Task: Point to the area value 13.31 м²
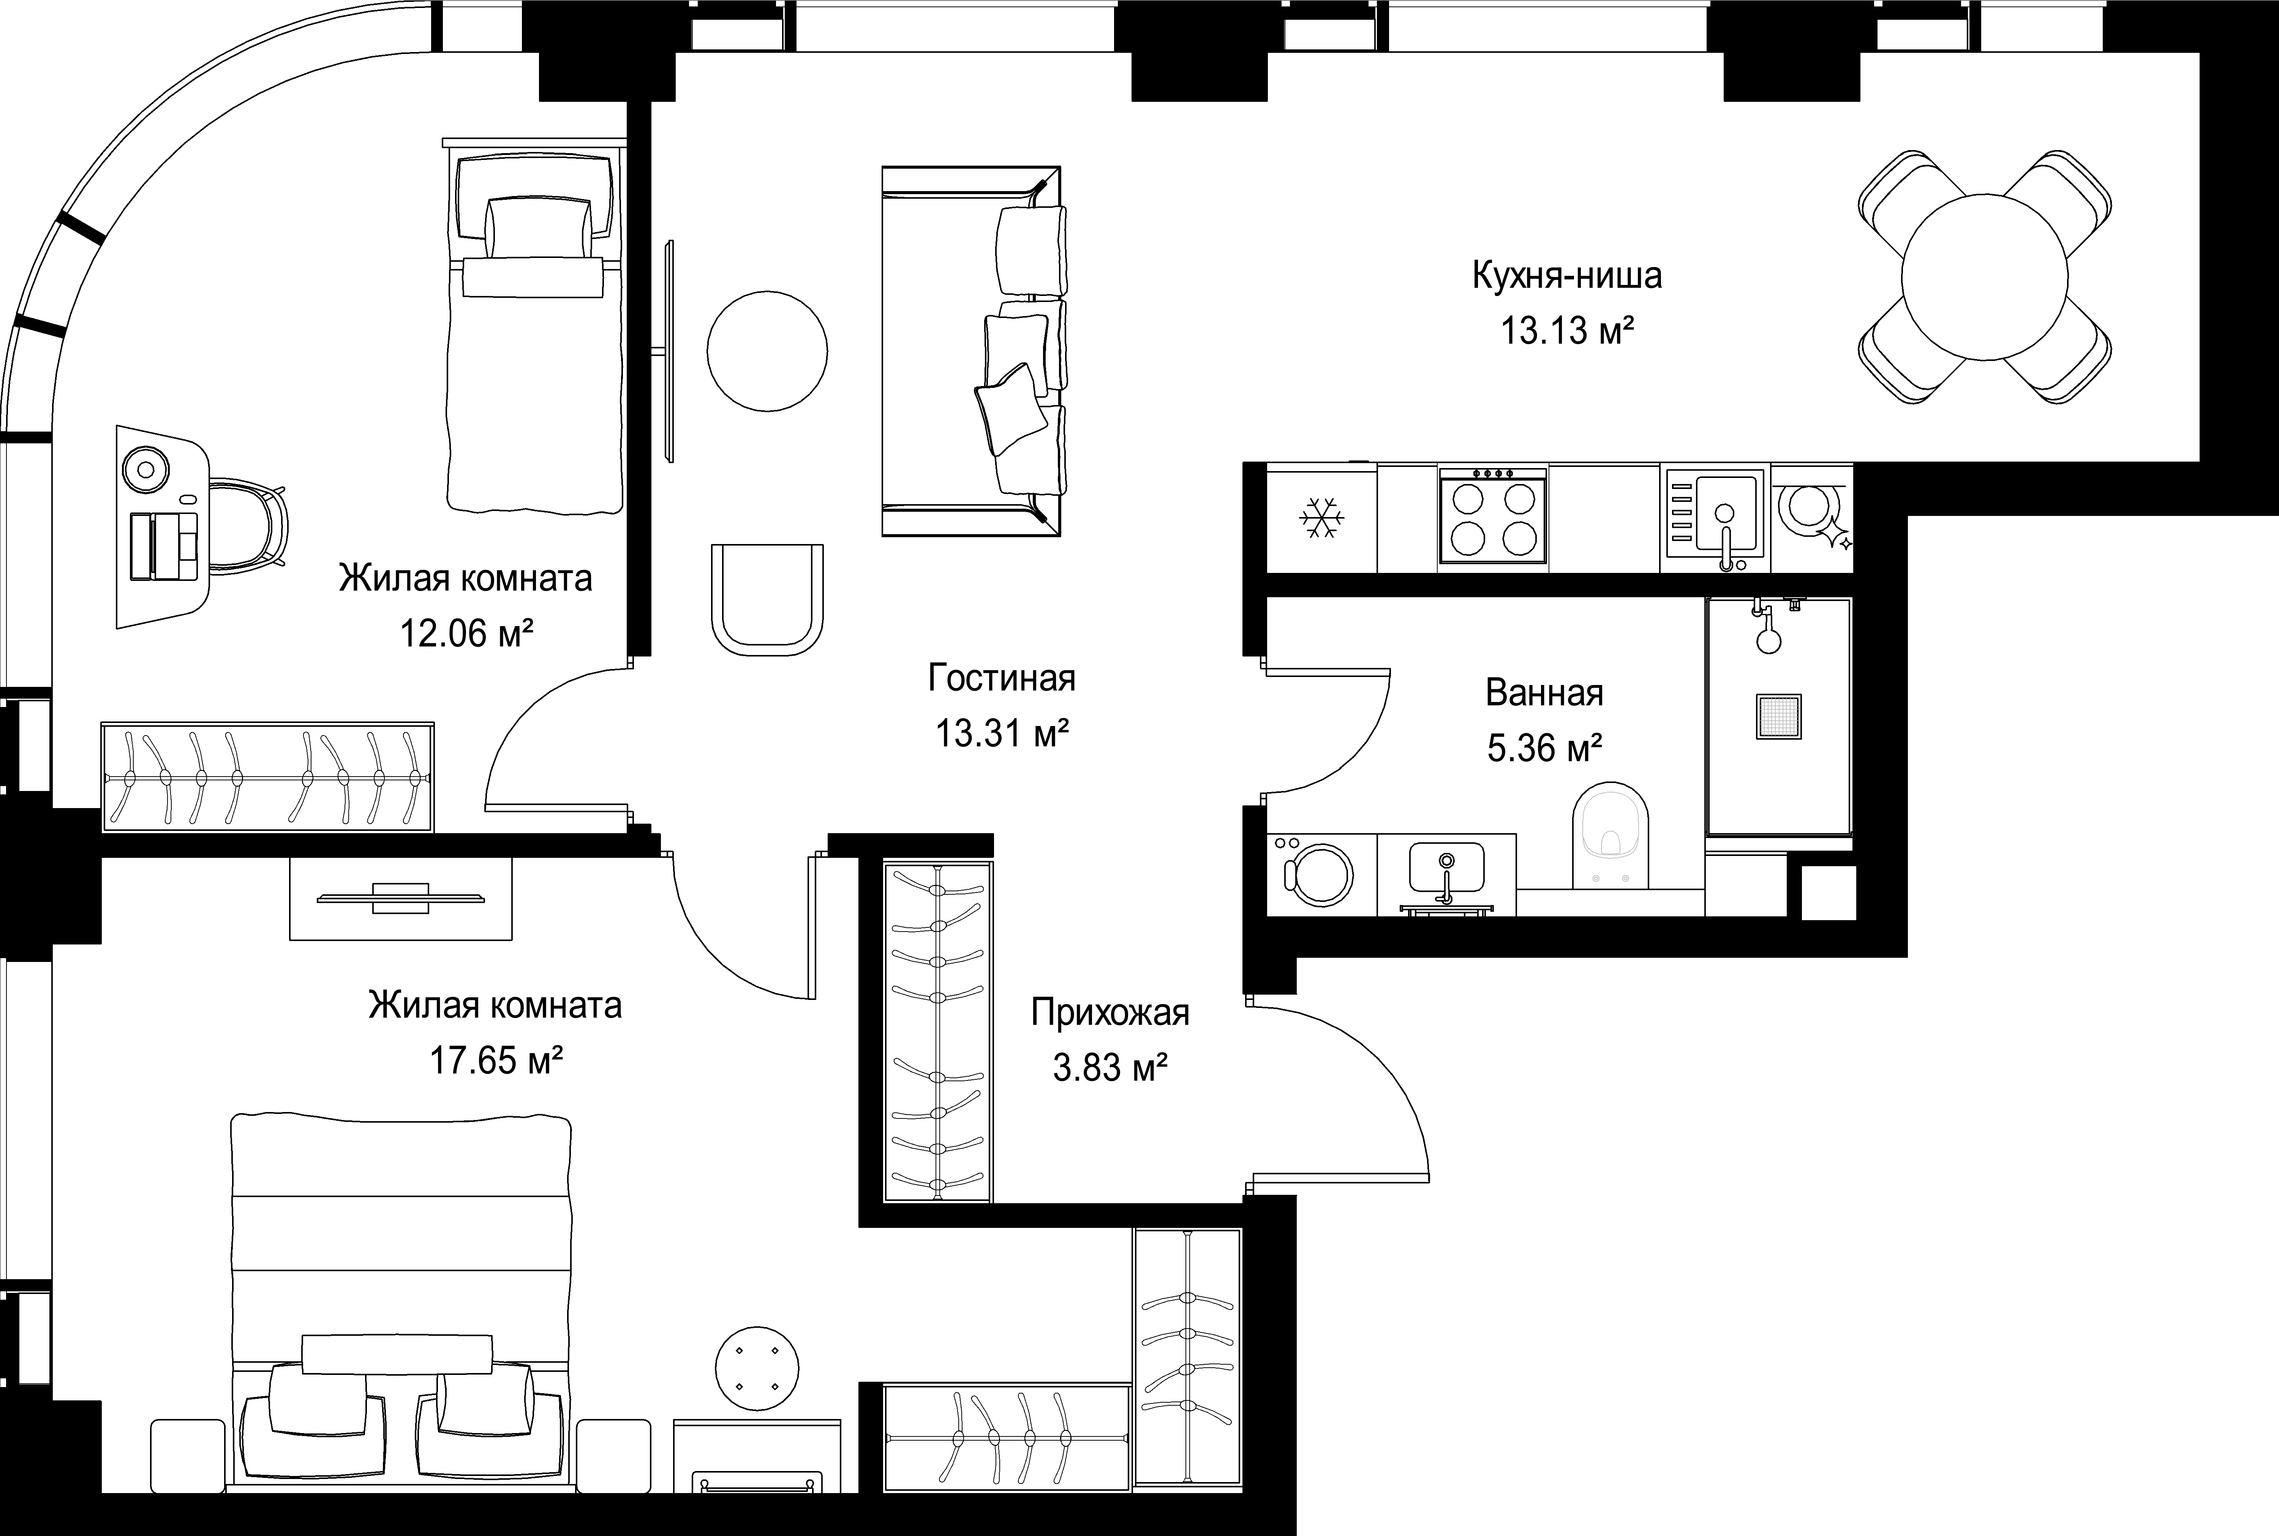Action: click(1001, 733)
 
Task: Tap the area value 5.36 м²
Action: click(1544, 748)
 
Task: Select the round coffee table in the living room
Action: click(768, 350)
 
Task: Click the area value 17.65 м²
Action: click(496, 1060)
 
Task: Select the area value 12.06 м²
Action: click(466, 634)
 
